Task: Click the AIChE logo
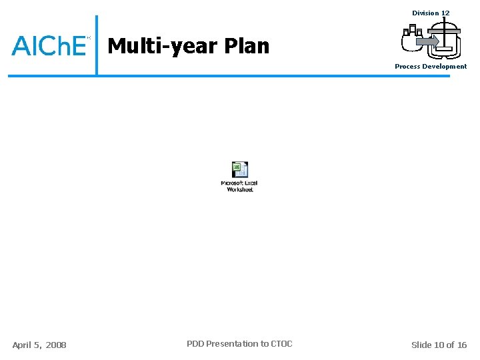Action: (49, 45)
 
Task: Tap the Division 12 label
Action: (431, 13)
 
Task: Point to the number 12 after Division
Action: (445, 13)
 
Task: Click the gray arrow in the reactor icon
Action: (427, 41)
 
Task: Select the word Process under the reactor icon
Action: (407, 67)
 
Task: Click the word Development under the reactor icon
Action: (445, 67)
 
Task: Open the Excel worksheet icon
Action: (239, 170)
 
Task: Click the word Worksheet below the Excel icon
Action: (240, 190)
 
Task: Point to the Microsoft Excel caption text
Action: (239, 183)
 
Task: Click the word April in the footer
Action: (23, 345)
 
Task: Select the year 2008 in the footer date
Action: (56, 345)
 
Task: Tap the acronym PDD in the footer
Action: (195, 344)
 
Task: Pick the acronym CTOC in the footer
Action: (281, 344)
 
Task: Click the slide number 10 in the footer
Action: (439, 345)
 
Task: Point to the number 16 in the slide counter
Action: (462, 345)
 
